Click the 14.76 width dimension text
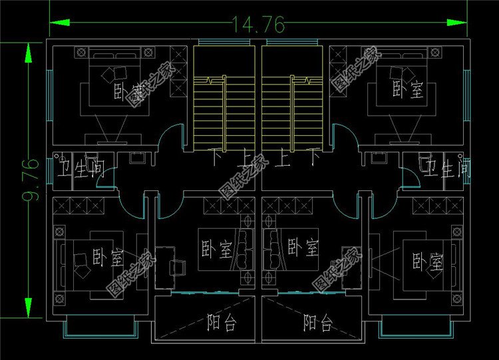(x=258, y=25)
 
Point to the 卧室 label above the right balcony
(x=303, y=250)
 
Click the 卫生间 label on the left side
(x=81, y=168)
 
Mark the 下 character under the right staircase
(x=313, y=159)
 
